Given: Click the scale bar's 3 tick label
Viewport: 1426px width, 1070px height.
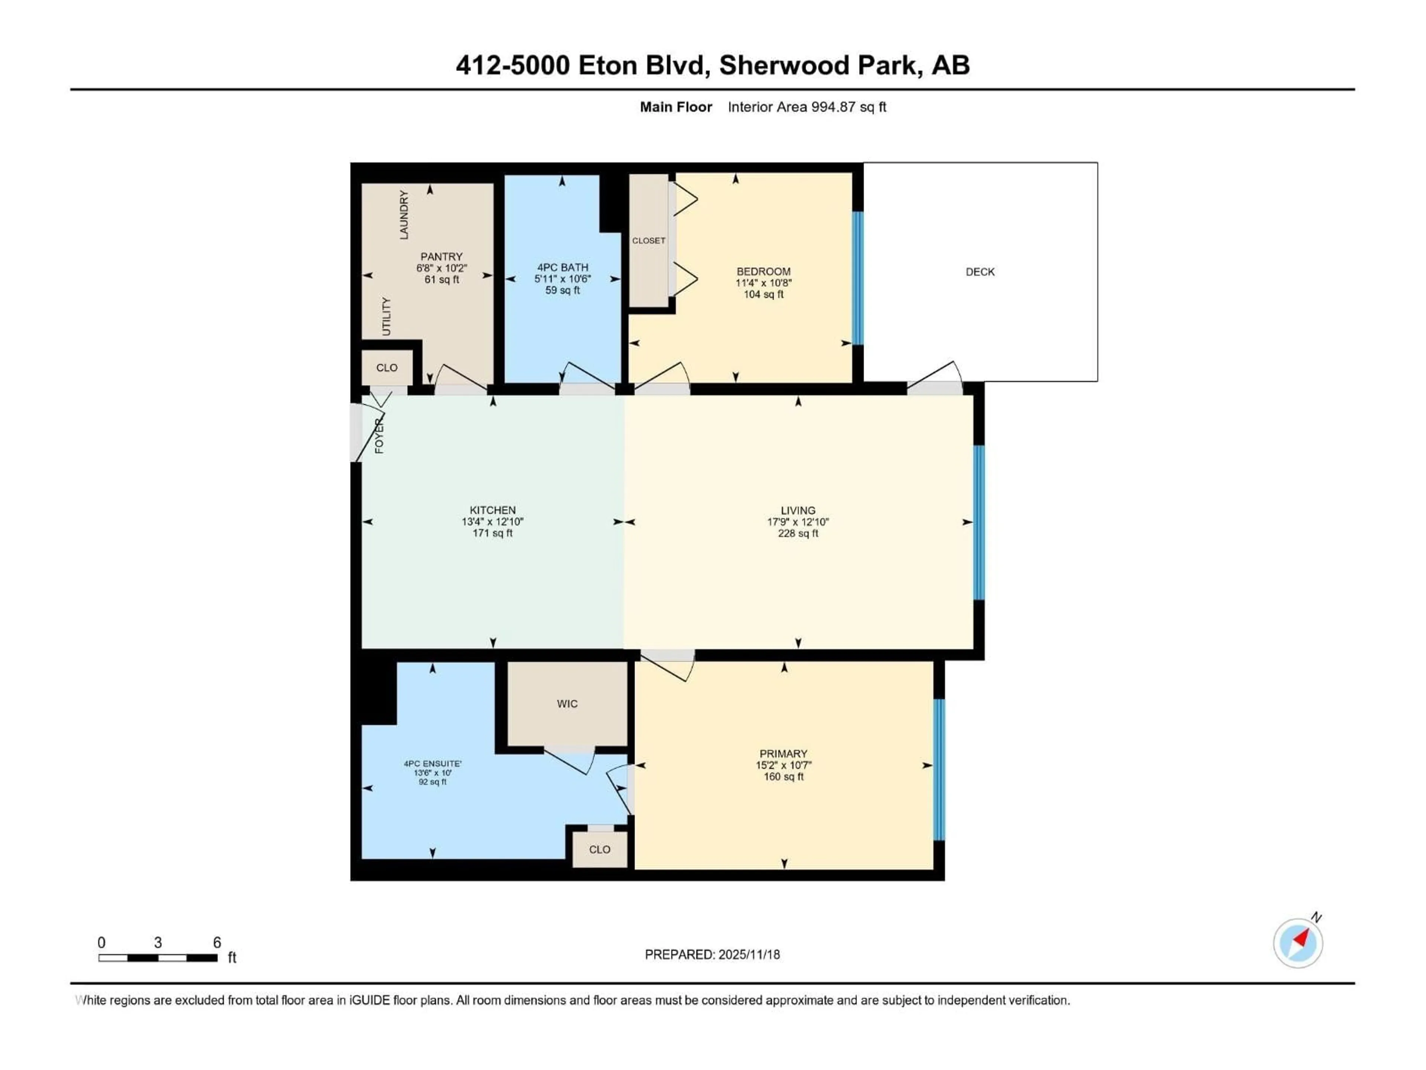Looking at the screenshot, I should pos(158,942).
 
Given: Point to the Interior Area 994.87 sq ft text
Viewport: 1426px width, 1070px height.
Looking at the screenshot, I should pos(807,107).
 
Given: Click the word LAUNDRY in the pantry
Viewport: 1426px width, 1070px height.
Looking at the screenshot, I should pos(404,215).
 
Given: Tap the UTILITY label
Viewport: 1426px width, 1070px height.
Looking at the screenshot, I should pos(386,316).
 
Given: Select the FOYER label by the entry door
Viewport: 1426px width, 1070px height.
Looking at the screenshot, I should pos(379,436).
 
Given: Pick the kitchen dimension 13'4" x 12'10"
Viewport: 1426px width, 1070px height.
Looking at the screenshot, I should pos(492,522).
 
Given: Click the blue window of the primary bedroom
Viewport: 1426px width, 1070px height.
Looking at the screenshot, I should pos(939,769).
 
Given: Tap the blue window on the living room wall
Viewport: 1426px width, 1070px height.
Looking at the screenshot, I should pos(979,522).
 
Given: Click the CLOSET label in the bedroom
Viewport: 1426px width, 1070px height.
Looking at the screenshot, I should pos(648,241).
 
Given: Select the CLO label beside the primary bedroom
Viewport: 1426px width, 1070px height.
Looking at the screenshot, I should pos(599,849).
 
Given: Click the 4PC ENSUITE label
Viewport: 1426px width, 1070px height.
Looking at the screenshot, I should pos(433,763).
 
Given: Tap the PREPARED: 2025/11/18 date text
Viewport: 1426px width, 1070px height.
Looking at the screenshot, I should pos(712,954).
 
